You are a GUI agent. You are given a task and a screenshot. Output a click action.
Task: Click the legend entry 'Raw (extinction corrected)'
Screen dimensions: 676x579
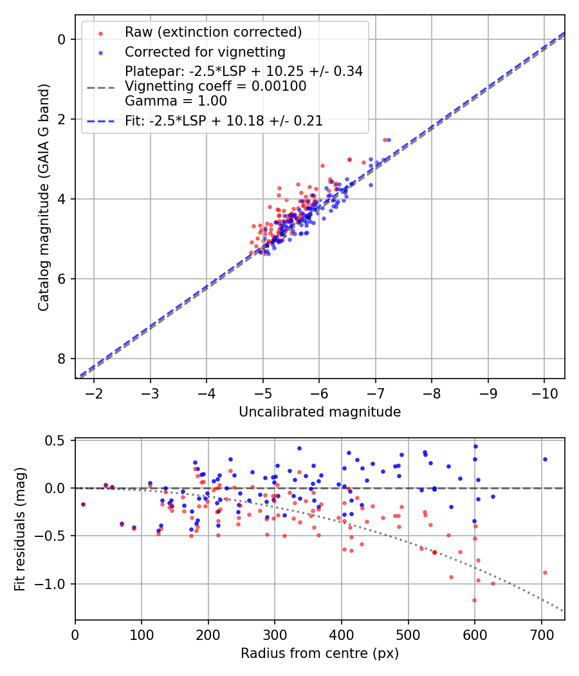tap(212, 32)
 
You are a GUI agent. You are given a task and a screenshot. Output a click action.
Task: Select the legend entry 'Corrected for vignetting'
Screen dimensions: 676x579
tap(205, 52)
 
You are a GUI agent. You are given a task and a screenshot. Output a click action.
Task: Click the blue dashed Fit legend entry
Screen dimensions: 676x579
tap(223, 120)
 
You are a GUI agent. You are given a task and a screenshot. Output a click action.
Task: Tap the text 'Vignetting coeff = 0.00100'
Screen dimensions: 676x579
tap(216, 86)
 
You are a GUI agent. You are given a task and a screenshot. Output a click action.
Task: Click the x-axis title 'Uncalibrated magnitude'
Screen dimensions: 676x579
tap(320, 412)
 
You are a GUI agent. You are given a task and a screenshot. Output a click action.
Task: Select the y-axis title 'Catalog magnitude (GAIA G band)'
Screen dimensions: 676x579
tap(44, 209)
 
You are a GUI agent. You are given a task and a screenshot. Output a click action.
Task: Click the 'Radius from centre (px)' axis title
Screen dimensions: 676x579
tap(320, 653)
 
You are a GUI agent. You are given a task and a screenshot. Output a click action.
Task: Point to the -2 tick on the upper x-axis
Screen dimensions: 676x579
tap(94, 392)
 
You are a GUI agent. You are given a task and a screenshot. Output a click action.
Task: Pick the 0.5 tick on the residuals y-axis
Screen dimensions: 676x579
tap(58, 440)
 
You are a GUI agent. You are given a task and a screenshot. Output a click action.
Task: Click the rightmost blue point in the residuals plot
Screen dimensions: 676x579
tap(545, 459)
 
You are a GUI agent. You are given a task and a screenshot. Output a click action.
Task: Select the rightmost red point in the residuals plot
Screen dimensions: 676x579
tap(545, 572)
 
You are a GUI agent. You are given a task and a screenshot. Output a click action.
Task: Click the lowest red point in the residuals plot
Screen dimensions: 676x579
tap(474, 600)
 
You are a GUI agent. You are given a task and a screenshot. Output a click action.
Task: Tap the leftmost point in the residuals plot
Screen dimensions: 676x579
tap(83, 504)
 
